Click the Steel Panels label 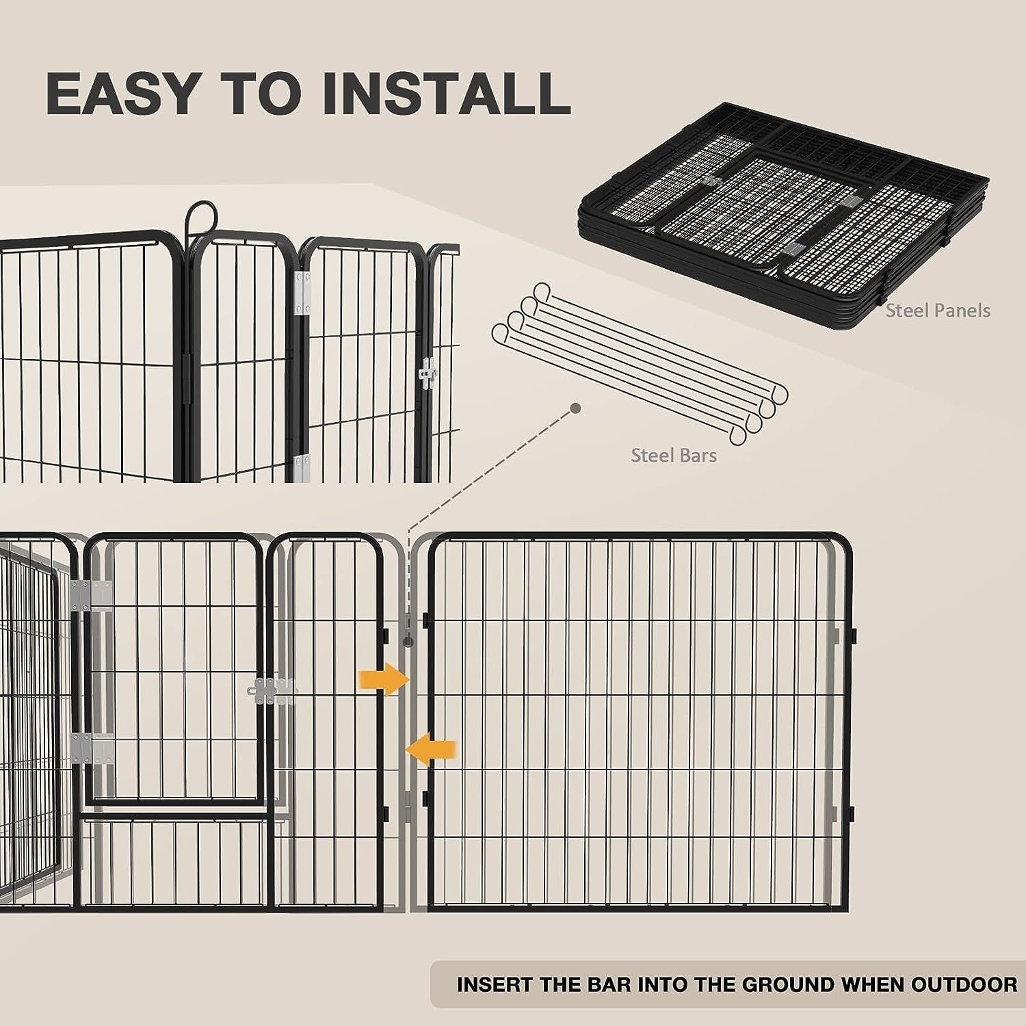[938, 311]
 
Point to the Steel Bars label [674, 456]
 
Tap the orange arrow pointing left [432, 750]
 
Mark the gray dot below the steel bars [576, 408]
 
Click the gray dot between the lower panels [408, 642]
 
